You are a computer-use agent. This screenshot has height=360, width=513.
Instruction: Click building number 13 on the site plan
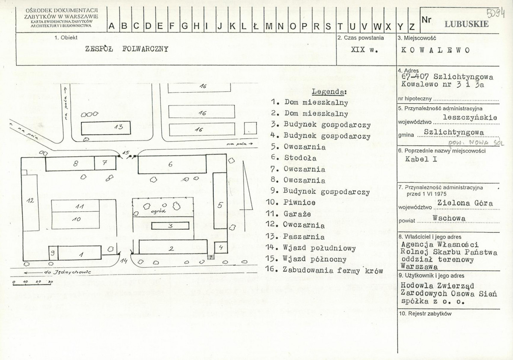click(x=106, y=127)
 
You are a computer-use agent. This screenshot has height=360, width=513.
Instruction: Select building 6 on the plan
click(x=172, y=164)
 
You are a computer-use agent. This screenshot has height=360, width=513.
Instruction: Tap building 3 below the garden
click(x=170, y=226)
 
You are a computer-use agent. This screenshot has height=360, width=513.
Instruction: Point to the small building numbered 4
click(x=221, y=247)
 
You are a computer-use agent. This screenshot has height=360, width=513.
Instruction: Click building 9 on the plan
click(x=53, y=253)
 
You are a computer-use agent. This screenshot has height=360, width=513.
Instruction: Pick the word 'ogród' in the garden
click(x=158, y=211)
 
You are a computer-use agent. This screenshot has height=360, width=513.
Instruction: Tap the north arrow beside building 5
click(x=247, y=186)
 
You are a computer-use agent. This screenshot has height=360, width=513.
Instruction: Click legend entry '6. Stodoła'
click(x=294, y=158)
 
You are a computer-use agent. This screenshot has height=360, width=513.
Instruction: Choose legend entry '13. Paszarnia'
click(x=295, y=237)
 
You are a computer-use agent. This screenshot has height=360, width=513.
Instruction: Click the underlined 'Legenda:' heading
click(x=329, y=92)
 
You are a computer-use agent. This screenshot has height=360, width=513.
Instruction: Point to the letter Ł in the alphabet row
click(x=256, y=26)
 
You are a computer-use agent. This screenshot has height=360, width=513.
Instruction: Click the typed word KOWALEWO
click(x=435, y=50)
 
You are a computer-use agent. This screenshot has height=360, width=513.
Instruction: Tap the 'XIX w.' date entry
click(x=364, y=50)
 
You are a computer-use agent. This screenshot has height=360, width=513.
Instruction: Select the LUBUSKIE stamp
click(x=467, y=24)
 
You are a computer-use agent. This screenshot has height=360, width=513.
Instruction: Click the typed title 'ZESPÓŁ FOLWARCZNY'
click(x=127, y=49)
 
